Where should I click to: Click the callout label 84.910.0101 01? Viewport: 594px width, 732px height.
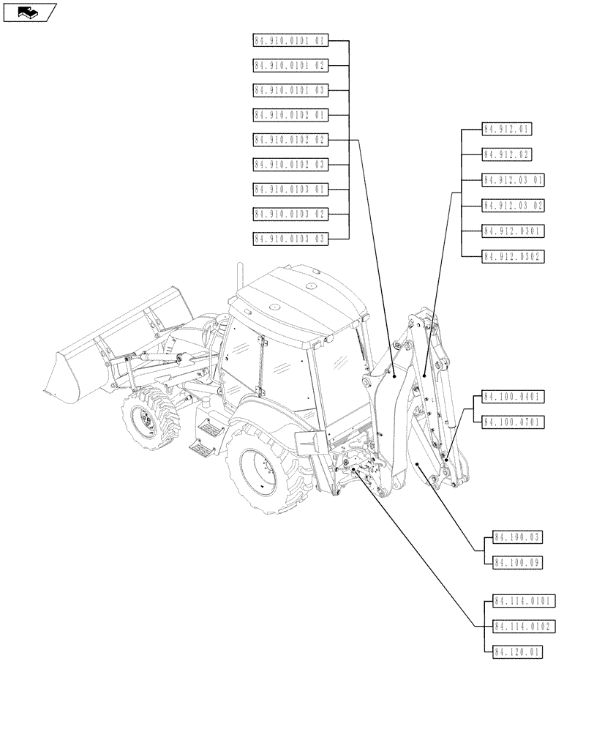(290, 41)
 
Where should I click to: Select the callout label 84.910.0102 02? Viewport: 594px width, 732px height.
(290, 140)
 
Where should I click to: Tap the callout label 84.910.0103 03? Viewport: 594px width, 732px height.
(290, 239)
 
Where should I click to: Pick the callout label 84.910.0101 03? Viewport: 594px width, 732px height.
(290, 90)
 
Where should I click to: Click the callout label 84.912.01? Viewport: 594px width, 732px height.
(506, 130)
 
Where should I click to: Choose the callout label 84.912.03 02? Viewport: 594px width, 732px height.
(513, 205)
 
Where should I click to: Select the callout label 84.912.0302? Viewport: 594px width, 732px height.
(513, 256)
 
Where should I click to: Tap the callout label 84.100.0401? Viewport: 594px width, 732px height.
(513, 397)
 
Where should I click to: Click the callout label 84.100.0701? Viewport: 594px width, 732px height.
(513, 422)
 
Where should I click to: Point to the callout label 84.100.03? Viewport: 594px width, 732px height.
(518, 538)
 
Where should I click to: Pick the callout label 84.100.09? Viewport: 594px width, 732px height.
(518, 563)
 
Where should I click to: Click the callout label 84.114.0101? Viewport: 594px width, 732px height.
(524, 602)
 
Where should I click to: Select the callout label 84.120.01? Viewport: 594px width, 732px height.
(518, 651)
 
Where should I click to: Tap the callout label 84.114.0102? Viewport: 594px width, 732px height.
(524, 627)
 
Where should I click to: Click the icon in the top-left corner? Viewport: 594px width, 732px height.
(29, 12)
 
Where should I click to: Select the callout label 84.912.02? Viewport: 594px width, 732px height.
(506, 154)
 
